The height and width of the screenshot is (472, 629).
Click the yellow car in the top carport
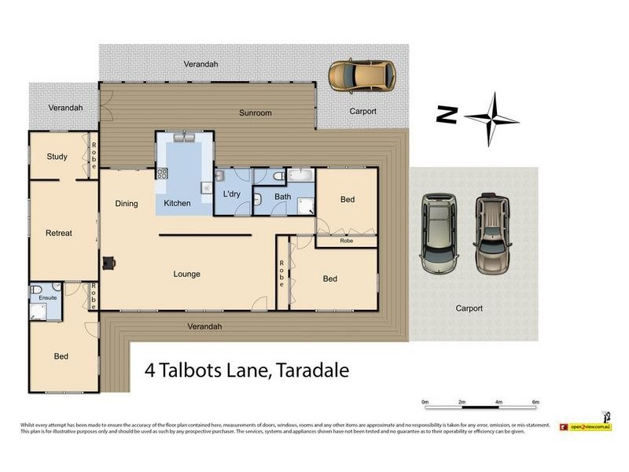(x=362, y=76)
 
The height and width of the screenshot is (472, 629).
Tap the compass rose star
(x=492, y=119)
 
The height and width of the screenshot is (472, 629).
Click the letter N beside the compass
(x=447, y=115)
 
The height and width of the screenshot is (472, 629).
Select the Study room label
(x=57, y=157)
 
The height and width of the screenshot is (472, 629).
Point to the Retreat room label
(x=59, y=234)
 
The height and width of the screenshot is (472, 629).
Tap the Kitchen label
(x=177, y=204)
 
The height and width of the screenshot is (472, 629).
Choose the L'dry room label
(x=231, y=194)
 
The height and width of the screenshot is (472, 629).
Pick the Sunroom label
(x=255, y=113)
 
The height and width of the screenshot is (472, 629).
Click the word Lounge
(x=187, y=275)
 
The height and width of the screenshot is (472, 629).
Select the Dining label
(x=127, y=204)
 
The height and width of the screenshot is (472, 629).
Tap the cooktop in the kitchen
(x=163, y=175)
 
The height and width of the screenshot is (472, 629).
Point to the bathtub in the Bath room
(x=300, y=175)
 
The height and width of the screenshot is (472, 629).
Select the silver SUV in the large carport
(x=440, y=233)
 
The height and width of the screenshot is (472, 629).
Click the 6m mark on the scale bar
(x=535, y=402)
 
